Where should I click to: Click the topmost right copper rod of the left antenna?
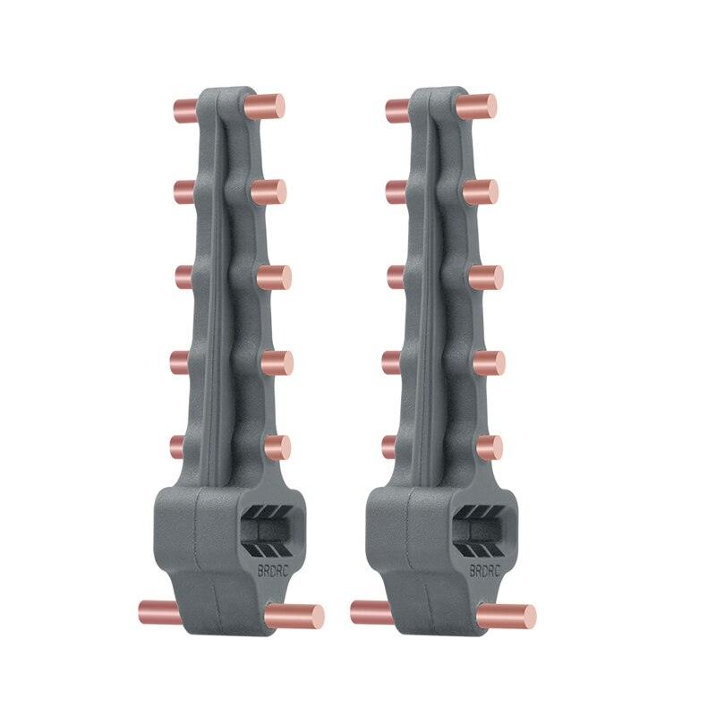268,107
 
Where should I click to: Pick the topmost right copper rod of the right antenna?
480,107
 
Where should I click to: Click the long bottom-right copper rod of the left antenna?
294,616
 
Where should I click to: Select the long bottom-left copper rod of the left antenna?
159,612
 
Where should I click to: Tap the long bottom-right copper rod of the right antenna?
507,616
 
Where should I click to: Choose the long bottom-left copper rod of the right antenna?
371,612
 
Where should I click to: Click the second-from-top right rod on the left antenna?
269,192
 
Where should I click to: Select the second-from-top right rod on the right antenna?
482,192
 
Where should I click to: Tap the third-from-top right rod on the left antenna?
273,277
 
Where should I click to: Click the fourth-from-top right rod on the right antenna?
489,362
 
